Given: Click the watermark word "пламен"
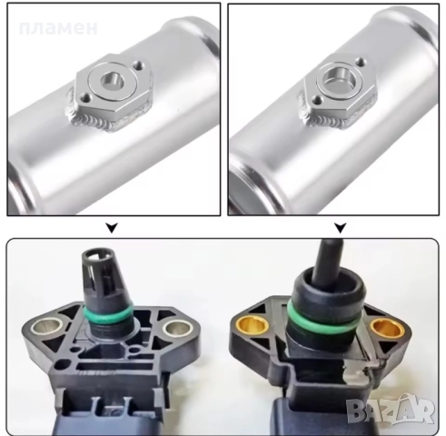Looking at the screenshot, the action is coord(58,28).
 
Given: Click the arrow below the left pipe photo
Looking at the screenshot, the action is coord(112,228).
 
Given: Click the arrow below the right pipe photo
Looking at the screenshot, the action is coord(341,228).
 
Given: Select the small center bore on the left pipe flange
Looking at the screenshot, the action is coord(112,81).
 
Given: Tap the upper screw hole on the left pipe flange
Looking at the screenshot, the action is coord(140,64).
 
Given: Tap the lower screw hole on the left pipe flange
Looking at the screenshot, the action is coord(87,98).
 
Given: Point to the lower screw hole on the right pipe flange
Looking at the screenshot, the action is coord(318,99).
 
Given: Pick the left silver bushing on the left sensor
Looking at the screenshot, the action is coord(47,327).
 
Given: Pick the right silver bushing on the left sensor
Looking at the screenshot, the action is coord(178,328).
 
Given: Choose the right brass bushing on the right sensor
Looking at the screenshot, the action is coord(388,330).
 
